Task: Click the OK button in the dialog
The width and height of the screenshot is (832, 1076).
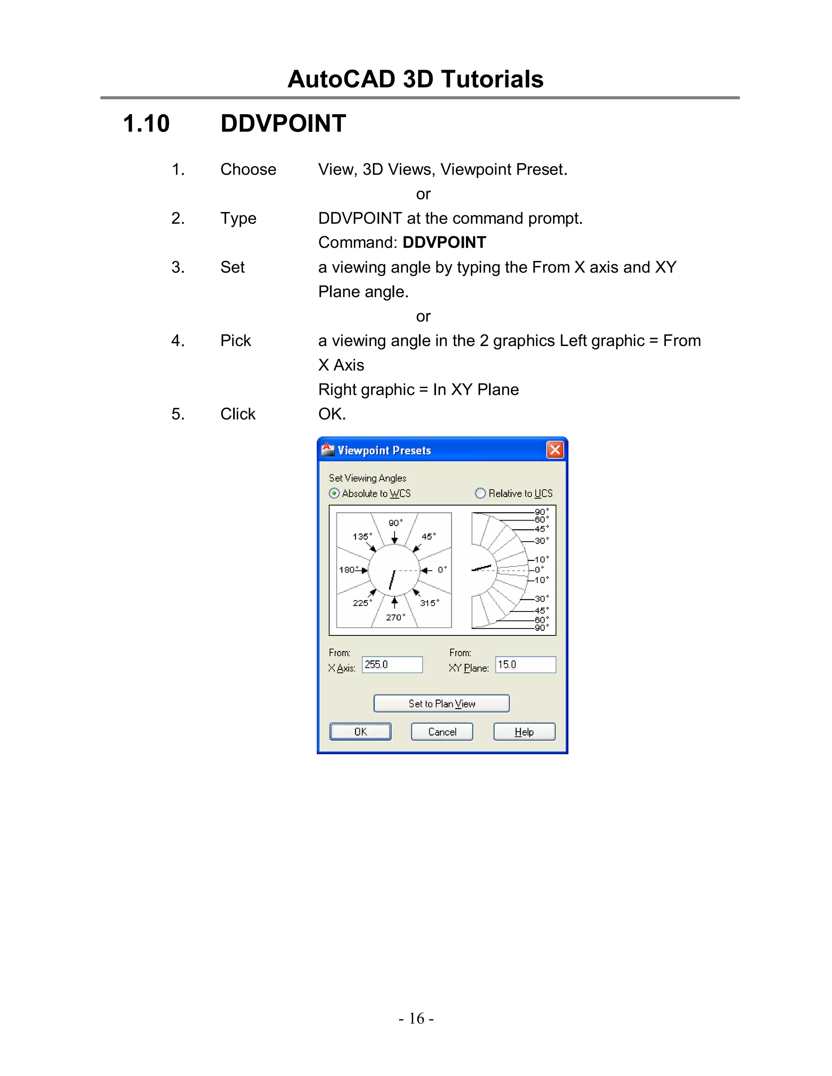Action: [360, 732]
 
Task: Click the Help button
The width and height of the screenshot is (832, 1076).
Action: [524, 732]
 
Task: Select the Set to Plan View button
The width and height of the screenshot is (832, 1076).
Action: [441, 704]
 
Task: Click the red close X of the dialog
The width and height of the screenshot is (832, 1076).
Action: [555, 449]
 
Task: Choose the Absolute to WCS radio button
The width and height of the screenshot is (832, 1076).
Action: [334, 493]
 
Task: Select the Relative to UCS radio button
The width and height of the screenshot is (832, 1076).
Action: [480, 493]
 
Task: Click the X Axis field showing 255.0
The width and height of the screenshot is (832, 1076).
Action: [392, 665]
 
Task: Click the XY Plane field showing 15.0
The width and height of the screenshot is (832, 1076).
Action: [525, 665]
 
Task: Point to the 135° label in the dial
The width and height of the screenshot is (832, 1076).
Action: [362, 536]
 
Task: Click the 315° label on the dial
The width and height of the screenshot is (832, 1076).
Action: [429, 603]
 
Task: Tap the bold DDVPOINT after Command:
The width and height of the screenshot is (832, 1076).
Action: [444, 242]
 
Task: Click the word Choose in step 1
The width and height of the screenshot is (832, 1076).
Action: [248, 169]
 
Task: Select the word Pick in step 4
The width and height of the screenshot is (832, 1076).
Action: [235, 340]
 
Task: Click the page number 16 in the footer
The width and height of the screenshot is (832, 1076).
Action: [416, 1018]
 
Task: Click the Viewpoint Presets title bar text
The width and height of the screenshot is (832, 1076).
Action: [384, 450]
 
